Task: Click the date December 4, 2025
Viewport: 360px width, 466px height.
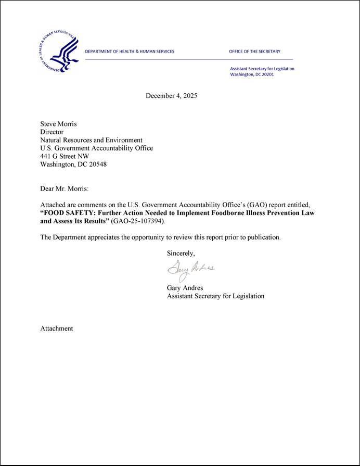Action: click(171, 96)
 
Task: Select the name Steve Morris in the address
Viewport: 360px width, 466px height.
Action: click(58, 124)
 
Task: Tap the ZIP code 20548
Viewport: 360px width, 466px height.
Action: click(97, 164)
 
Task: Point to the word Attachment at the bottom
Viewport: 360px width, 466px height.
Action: click(57, 329)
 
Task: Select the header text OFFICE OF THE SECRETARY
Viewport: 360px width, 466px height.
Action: click(254, 52)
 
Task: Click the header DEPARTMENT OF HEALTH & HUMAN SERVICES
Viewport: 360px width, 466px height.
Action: click(130, 52)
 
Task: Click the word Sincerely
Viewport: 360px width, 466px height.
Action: click(181, 254)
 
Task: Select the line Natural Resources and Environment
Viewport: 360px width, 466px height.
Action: click(91, 140)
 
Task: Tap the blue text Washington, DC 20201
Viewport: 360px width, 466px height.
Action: click(252, 74)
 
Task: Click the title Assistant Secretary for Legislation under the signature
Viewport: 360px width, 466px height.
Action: click(215, 296)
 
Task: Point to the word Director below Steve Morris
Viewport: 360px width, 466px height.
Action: click(52, 132)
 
